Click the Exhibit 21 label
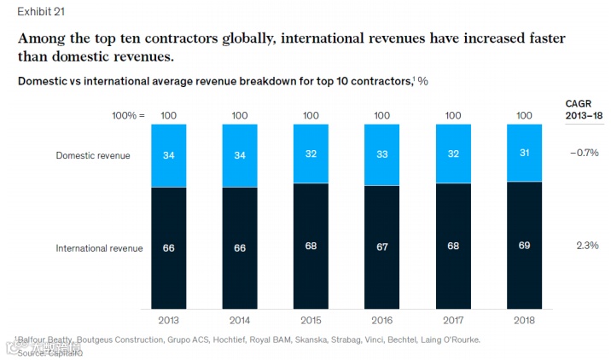click(31, 12)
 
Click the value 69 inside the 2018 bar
click(524, 246)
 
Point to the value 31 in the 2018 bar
click(524, 154)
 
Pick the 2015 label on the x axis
click(311, 321)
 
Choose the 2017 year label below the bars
click(453, 321)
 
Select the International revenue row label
click(99, 248)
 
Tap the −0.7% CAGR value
click(584, 154)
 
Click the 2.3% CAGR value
click(586, 246)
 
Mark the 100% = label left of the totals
click(128, 115)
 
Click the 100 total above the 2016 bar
click(381, 115)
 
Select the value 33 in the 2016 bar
click(381, 155)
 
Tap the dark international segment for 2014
click(240, 264)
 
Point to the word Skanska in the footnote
click(306, 340)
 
